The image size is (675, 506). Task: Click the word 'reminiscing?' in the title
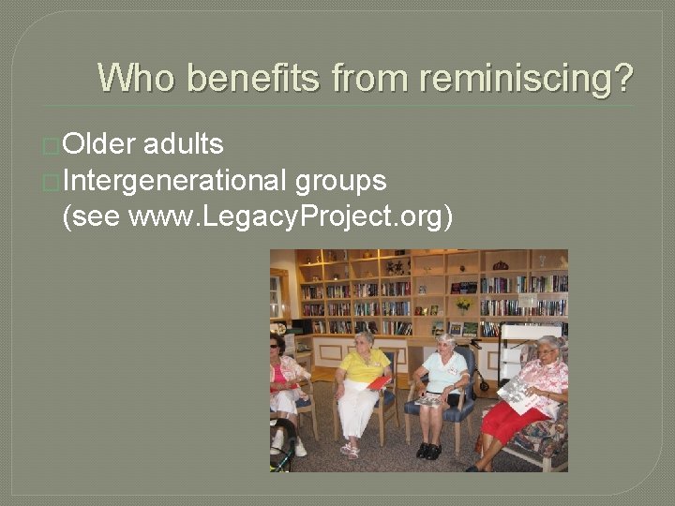point(527,78)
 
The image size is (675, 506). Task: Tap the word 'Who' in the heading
point(135,78)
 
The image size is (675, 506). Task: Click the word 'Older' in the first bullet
point(99,144)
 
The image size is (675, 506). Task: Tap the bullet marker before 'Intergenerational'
point(52,181)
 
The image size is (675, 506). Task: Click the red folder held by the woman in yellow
point(379,382)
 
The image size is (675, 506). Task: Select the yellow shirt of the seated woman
point(364,366)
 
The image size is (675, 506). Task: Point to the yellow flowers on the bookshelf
point(461,305)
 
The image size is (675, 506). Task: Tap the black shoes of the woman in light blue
point(429,451)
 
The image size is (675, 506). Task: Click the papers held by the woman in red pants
point(517,390)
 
